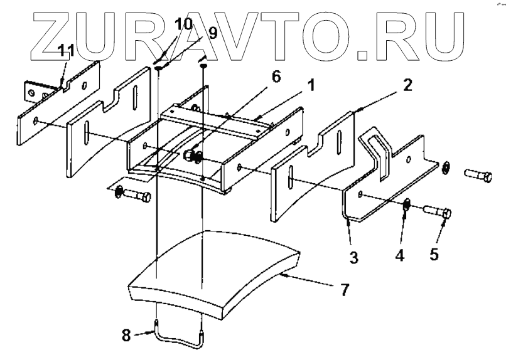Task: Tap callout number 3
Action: (x=354, y=258)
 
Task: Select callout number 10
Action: (x=183, y=23)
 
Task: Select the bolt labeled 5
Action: (x=437, y=213)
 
